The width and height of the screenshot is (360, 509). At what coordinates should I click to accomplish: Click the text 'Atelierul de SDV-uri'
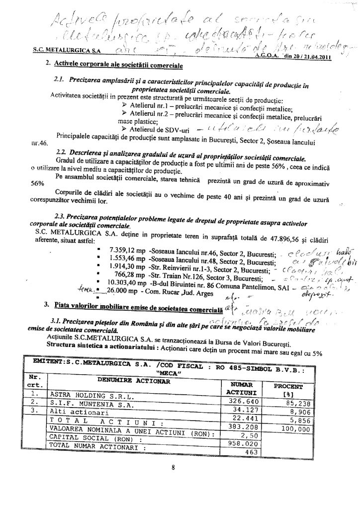pyautogui.click(x=161, y=130)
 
